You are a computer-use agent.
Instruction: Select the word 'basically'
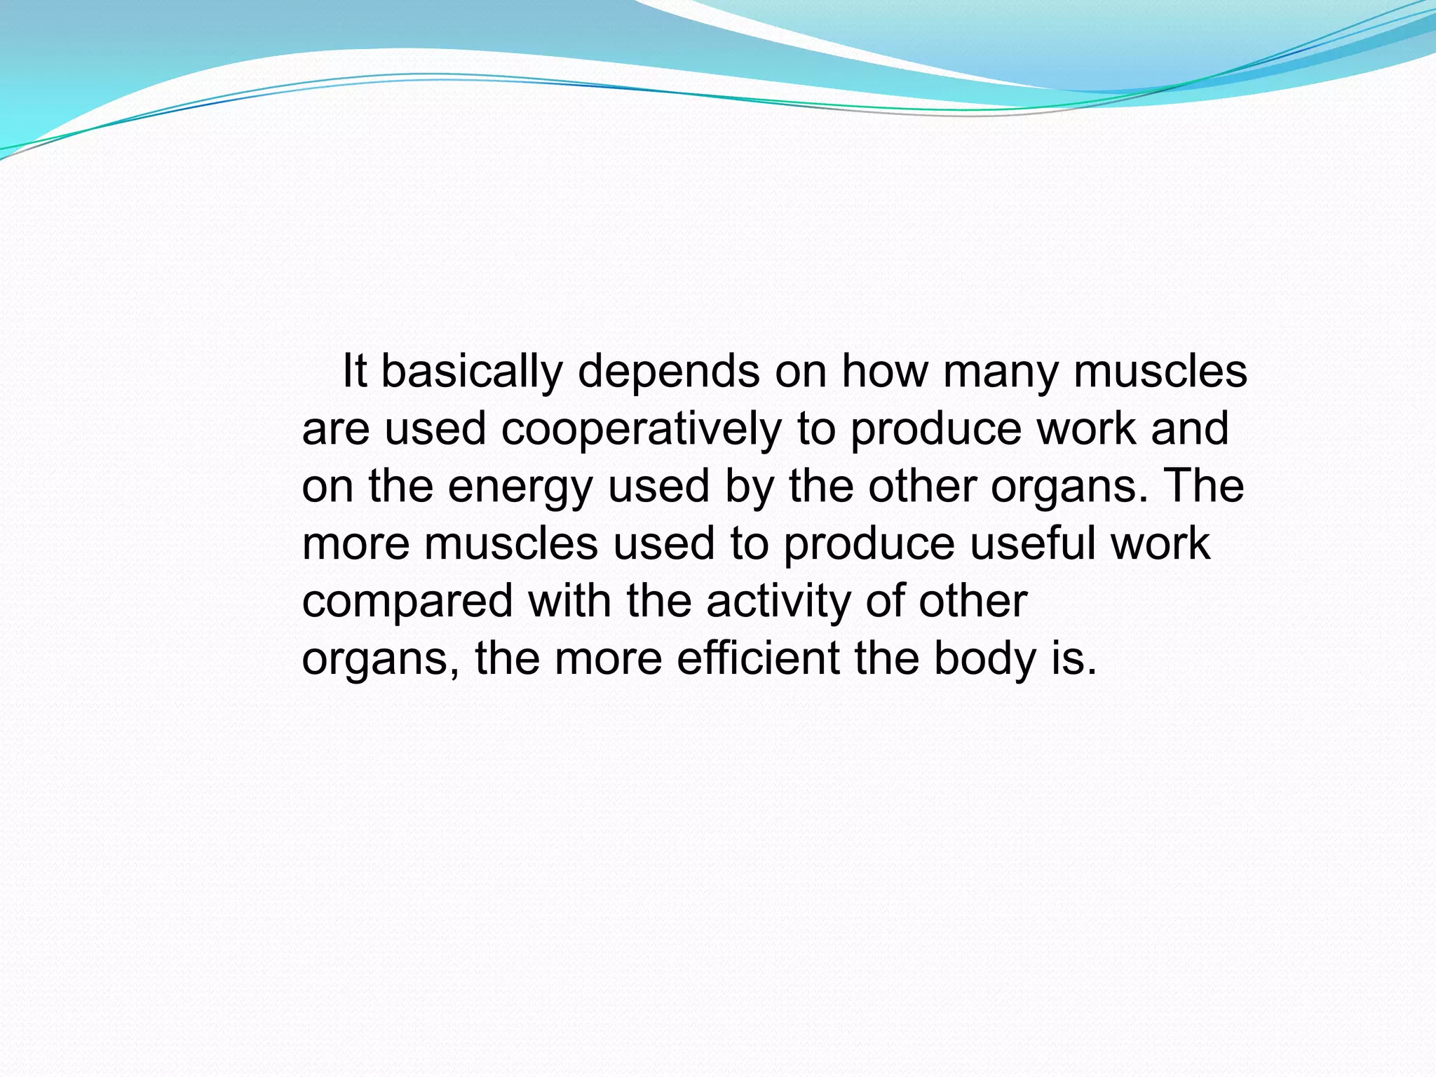tap(472, 372)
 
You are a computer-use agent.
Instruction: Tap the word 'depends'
tap(669, 372)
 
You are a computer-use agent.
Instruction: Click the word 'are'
tap(335, 430)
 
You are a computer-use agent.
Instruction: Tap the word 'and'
tap(1190, 428)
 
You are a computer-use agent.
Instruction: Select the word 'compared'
tap(407, 602)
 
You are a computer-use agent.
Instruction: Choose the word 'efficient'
tap(758, 658)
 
